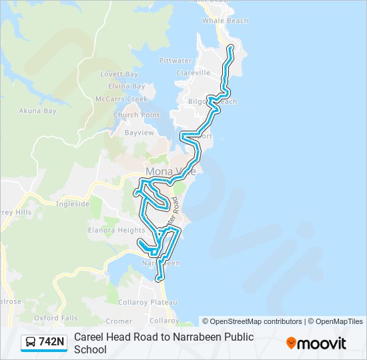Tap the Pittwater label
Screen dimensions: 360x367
[x=175, y=61]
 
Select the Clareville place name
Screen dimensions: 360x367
[x=194, y=73]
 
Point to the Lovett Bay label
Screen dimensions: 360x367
[x=119, y=75]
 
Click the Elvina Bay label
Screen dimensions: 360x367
[x=126, y=86]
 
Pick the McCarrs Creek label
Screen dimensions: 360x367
[x=121, y=99]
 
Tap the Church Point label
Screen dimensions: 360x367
[x=136, y=115]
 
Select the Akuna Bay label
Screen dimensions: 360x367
[x=37, y=111]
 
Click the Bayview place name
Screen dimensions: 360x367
[x=139, y=133]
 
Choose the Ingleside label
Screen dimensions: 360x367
[x=73, y=204]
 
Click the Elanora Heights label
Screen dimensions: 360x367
[x=107, y=230]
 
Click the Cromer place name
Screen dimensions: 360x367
[x=119, y=321]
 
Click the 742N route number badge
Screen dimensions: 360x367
[x=51, y=343]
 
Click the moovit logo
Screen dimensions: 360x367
[x=316, y=343]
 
